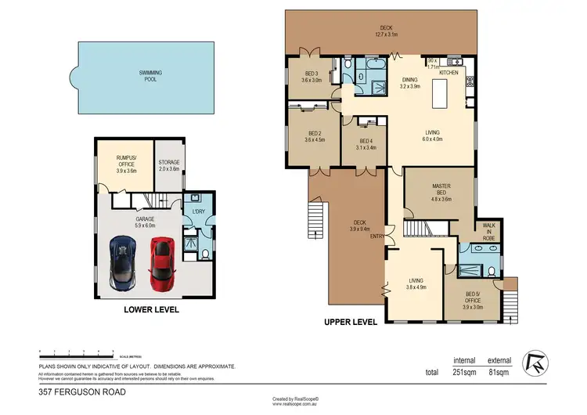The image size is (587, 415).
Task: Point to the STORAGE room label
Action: click(x=168, y=161)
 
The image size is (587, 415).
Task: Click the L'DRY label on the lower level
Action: click(x=199, y=211)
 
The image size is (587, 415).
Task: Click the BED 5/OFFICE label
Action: click(x=474, y=297)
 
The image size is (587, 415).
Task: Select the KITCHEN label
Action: click(x=448, y=72)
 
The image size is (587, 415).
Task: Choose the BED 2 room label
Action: click(x=315, y=134)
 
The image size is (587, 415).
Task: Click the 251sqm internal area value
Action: click(x=465, y=372)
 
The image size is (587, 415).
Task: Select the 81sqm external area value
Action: click(x=499, y=372)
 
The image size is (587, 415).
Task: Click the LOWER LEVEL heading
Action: click(x=152, y=310)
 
